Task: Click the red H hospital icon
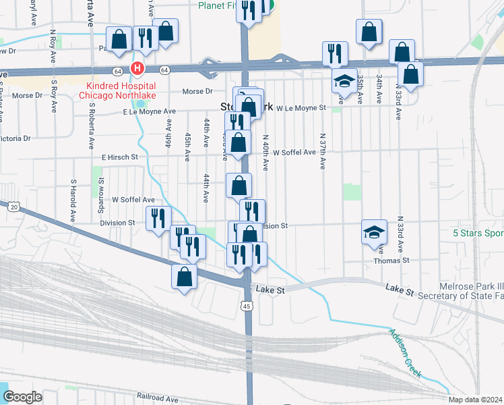[x=137, y=69]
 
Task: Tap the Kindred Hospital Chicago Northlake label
[x=121, y=90]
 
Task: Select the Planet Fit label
[x=219, y=5]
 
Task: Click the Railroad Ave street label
[x=157, y=398]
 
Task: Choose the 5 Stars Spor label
[x=478, y=234]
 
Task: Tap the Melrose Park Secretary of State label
[x=461, y=291]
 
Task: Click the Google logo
[x=22, y=397]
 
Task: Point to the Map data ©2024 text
[x=476, y=400]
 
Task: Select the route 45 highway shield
[x=247, y=306]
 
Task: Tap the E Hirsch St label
[x=119, y=157]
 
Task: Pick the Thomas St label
[x=396, y=260]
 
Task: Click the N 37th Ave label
[x=323, y=151]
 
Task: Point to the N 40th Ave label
[x=265, y=155]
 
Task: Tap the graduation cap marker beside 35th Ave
[x=344, y=82]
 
